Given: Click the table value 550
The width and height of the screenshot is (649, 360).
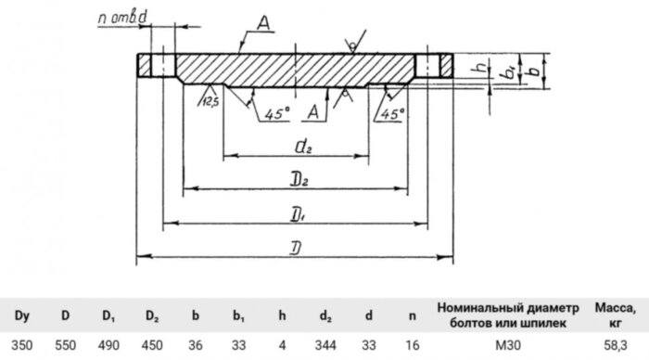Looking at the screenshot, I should (x=65, y=342).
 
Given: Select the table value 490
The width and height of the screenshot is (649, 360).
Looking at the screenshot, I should (x=108, y=342).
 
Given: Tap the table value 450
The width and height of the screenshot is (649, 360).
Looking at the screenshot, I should (x=152, y=342).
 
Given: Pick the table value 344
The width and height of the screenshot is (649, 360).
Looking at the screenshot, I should (x=326, y=342).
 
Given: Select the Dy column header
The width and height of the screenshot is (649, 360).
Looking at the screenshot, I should (x=21, y=315).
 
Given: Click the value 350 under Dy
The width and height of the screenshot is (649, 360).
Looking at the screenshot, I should (x=21, y=342).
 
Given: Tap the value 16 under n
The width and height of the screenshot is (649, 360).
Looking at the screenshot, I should (x=413, y=342).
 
